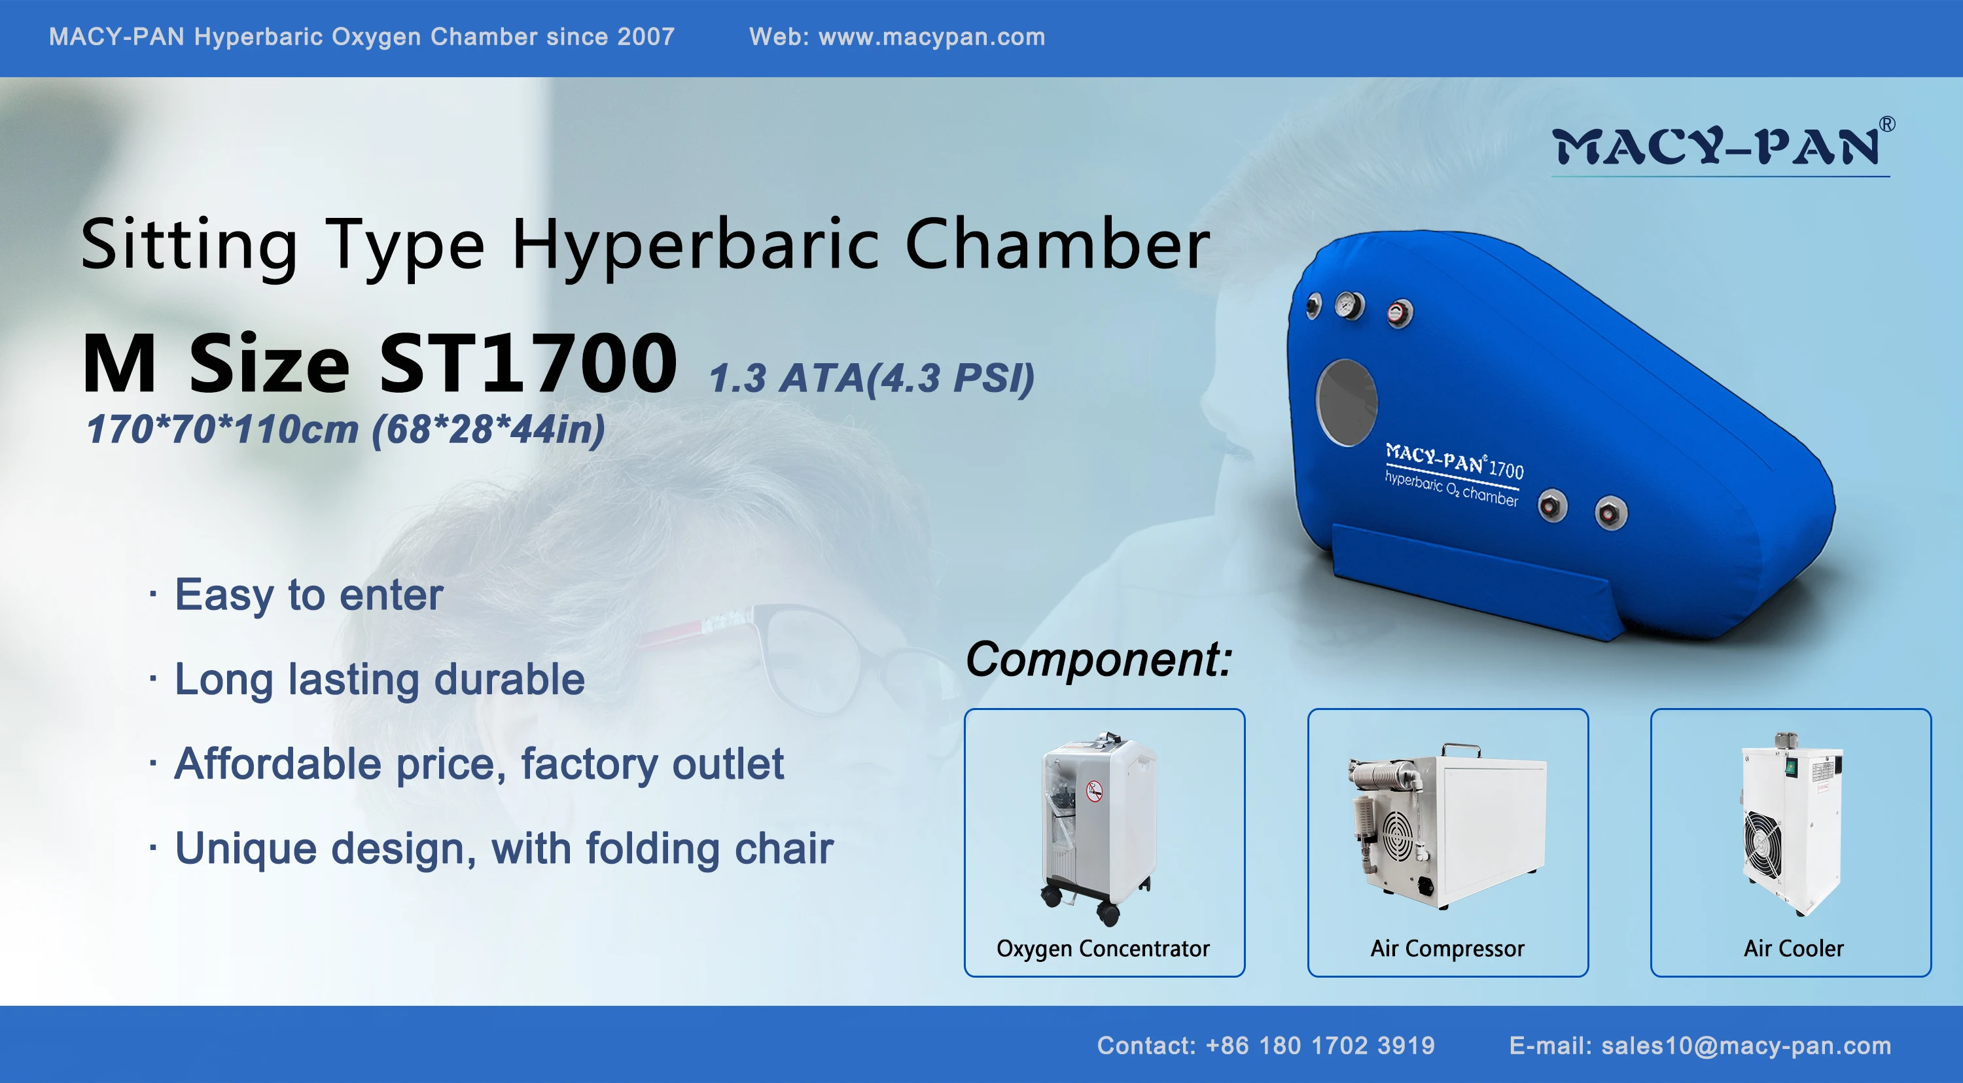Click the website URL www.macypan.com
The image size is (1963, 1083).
point(931,37)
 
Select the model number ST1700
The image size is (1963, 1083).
point(527,364)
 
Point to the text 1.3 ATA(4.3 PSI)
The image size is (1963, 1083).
point(871,378)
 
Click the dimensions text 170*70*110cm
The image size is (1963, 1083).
point(222,429)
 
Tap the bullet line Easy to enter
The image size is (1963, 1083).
point(309,594)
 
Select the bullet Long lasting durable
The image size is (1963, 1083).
point(380,679)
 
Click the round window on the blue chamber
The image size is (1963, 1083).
point(1347,402)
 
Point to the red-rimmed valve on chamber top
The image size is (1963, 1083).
point(1399,313)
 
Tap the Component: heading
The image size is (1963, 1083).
point(1098,659)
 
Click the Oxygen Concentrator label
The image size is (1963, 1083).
point(1103,949)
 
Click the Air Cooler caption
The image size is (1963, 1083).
point(1793,949)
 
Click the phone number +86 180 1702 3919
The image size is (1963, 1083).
point(1320,1046)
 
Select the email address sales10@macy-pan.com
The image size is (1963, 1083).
point(1746,1046)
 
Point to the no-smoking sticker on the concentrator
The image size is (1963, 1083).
point(1094,791)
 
